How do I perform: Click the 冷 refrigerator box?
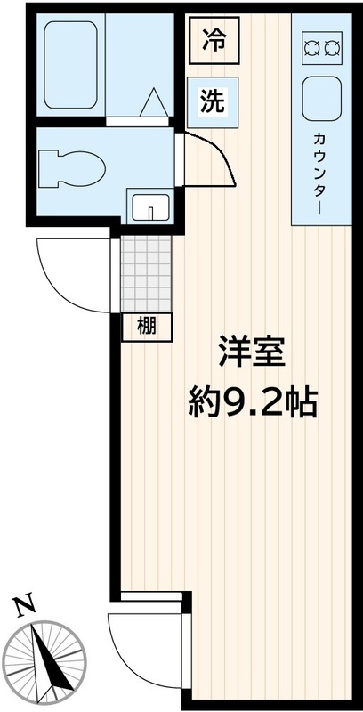[213, 42]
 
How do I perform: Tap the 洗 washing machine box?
[212, 101]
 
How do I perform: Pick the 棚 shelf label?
[147, 327]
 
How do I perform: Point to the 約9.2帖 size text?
[252, 405]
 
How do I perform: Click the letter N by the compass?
[24, 606]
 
